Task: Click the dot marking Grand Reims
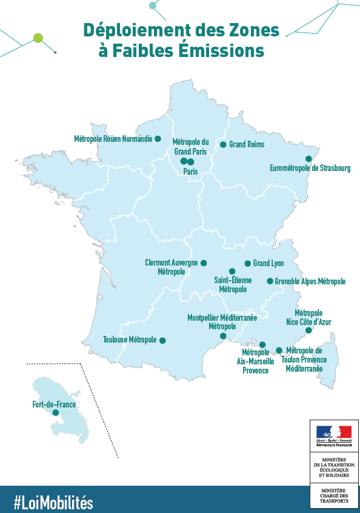tap(223, 144)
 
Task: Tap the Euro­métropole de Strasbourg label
tap(310, 169)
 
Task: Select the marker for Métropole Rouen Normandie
tap(158, 139)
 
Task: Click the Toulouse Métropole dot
tap(162, 340)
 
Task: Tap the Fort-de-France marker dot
tap(56, 412)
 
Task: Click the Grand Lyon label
tap(268, 263)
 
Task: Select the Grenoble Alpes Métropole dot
tap(270, 281)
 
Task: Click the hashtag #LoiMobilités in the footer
tap(53, 502)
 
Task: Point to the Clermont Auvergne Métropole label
tap(172, 267)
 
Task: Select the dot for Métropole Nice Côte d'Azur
tap(308, 330)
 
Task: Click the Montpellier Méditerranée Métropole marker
tap(223, 336)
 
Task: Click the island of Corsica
tap(328, 364)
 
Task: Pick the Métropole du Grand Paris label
tap(191, 146)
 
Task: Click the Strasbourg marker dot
tap(308, 159)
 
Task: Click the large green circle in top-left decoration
tap(38, 38)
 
